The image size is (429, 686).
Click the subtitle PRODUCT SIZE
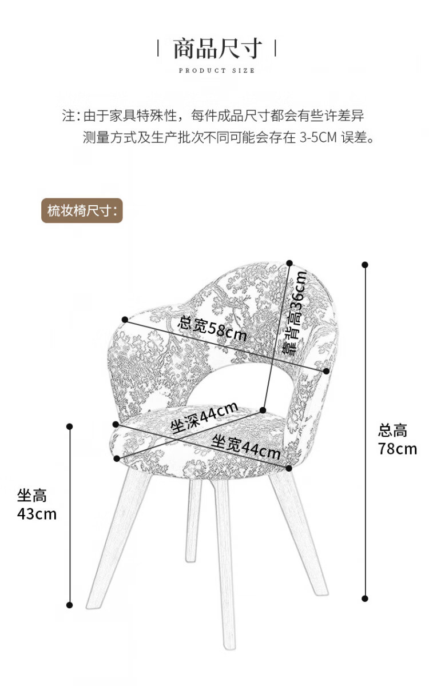(217, 71)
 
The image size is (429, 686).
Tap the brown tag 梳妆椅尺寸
(82, 211)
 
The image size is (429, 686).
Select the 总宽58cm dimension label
(212, 329)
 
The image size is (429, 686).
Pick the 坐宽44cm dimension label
(246, 447)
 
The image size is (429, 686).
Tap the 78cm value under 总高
(397, 449)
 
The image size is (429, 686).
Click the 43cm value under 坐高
(37, 514)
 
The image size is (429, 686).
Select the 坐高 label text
(31, 496)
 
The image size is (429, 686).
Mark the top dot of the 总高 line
(365, 265)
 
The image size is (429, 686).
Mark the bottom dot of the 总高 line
(365, 599)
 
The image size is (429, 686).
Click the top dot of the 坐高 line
(70, 426)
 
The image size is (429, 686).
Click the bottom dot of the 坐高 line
(70, 605)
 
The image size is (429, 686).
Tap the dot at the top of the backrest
(290, 264)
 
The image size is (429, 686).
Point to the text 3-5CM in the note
(318, 138)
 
